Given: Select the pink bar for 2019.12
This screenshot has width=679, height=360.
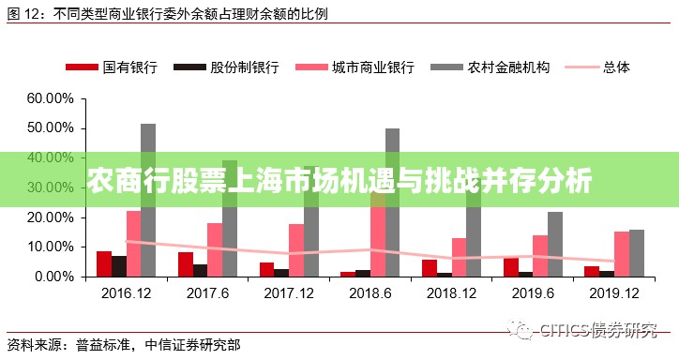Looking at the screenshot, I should (622, 254).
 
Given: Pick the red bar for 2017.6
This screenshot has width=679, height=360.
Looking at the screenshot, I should (186, 264).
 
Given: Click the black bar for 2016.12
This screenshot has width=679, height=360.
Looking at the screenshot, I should (119, 266).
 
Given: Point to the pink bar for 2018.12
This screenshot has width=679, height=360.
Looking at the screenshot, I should (459, 257).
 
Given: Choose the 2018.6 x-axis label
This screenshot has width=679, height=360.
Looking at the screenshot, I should (371, 292).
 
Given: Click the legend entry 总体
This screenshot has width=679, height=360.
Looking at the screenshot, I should (616, 67).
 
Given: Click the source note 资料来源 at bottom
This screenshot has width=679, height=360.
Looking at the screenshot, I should (122, 343).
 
